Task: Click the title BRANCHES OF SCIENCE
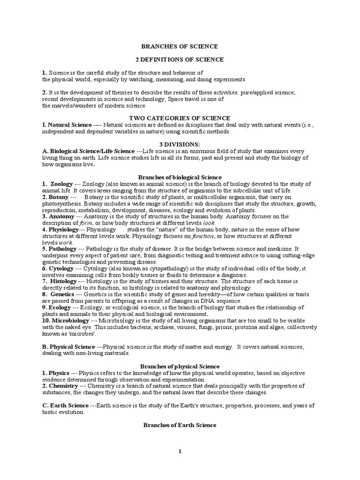pos(180,46)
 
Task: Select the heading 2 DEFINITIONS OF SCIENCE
pos(180,60)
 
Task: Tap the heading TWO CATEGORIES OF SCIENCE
pos(180,118)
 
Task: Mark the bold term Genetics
pos(63,294)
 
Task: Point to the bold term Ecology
pos(60,307)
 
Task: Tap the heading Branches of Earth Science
pos(180,425)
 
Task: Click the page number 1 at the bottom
pos(180,451)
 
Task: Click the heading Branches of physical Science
pos(180,366)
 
